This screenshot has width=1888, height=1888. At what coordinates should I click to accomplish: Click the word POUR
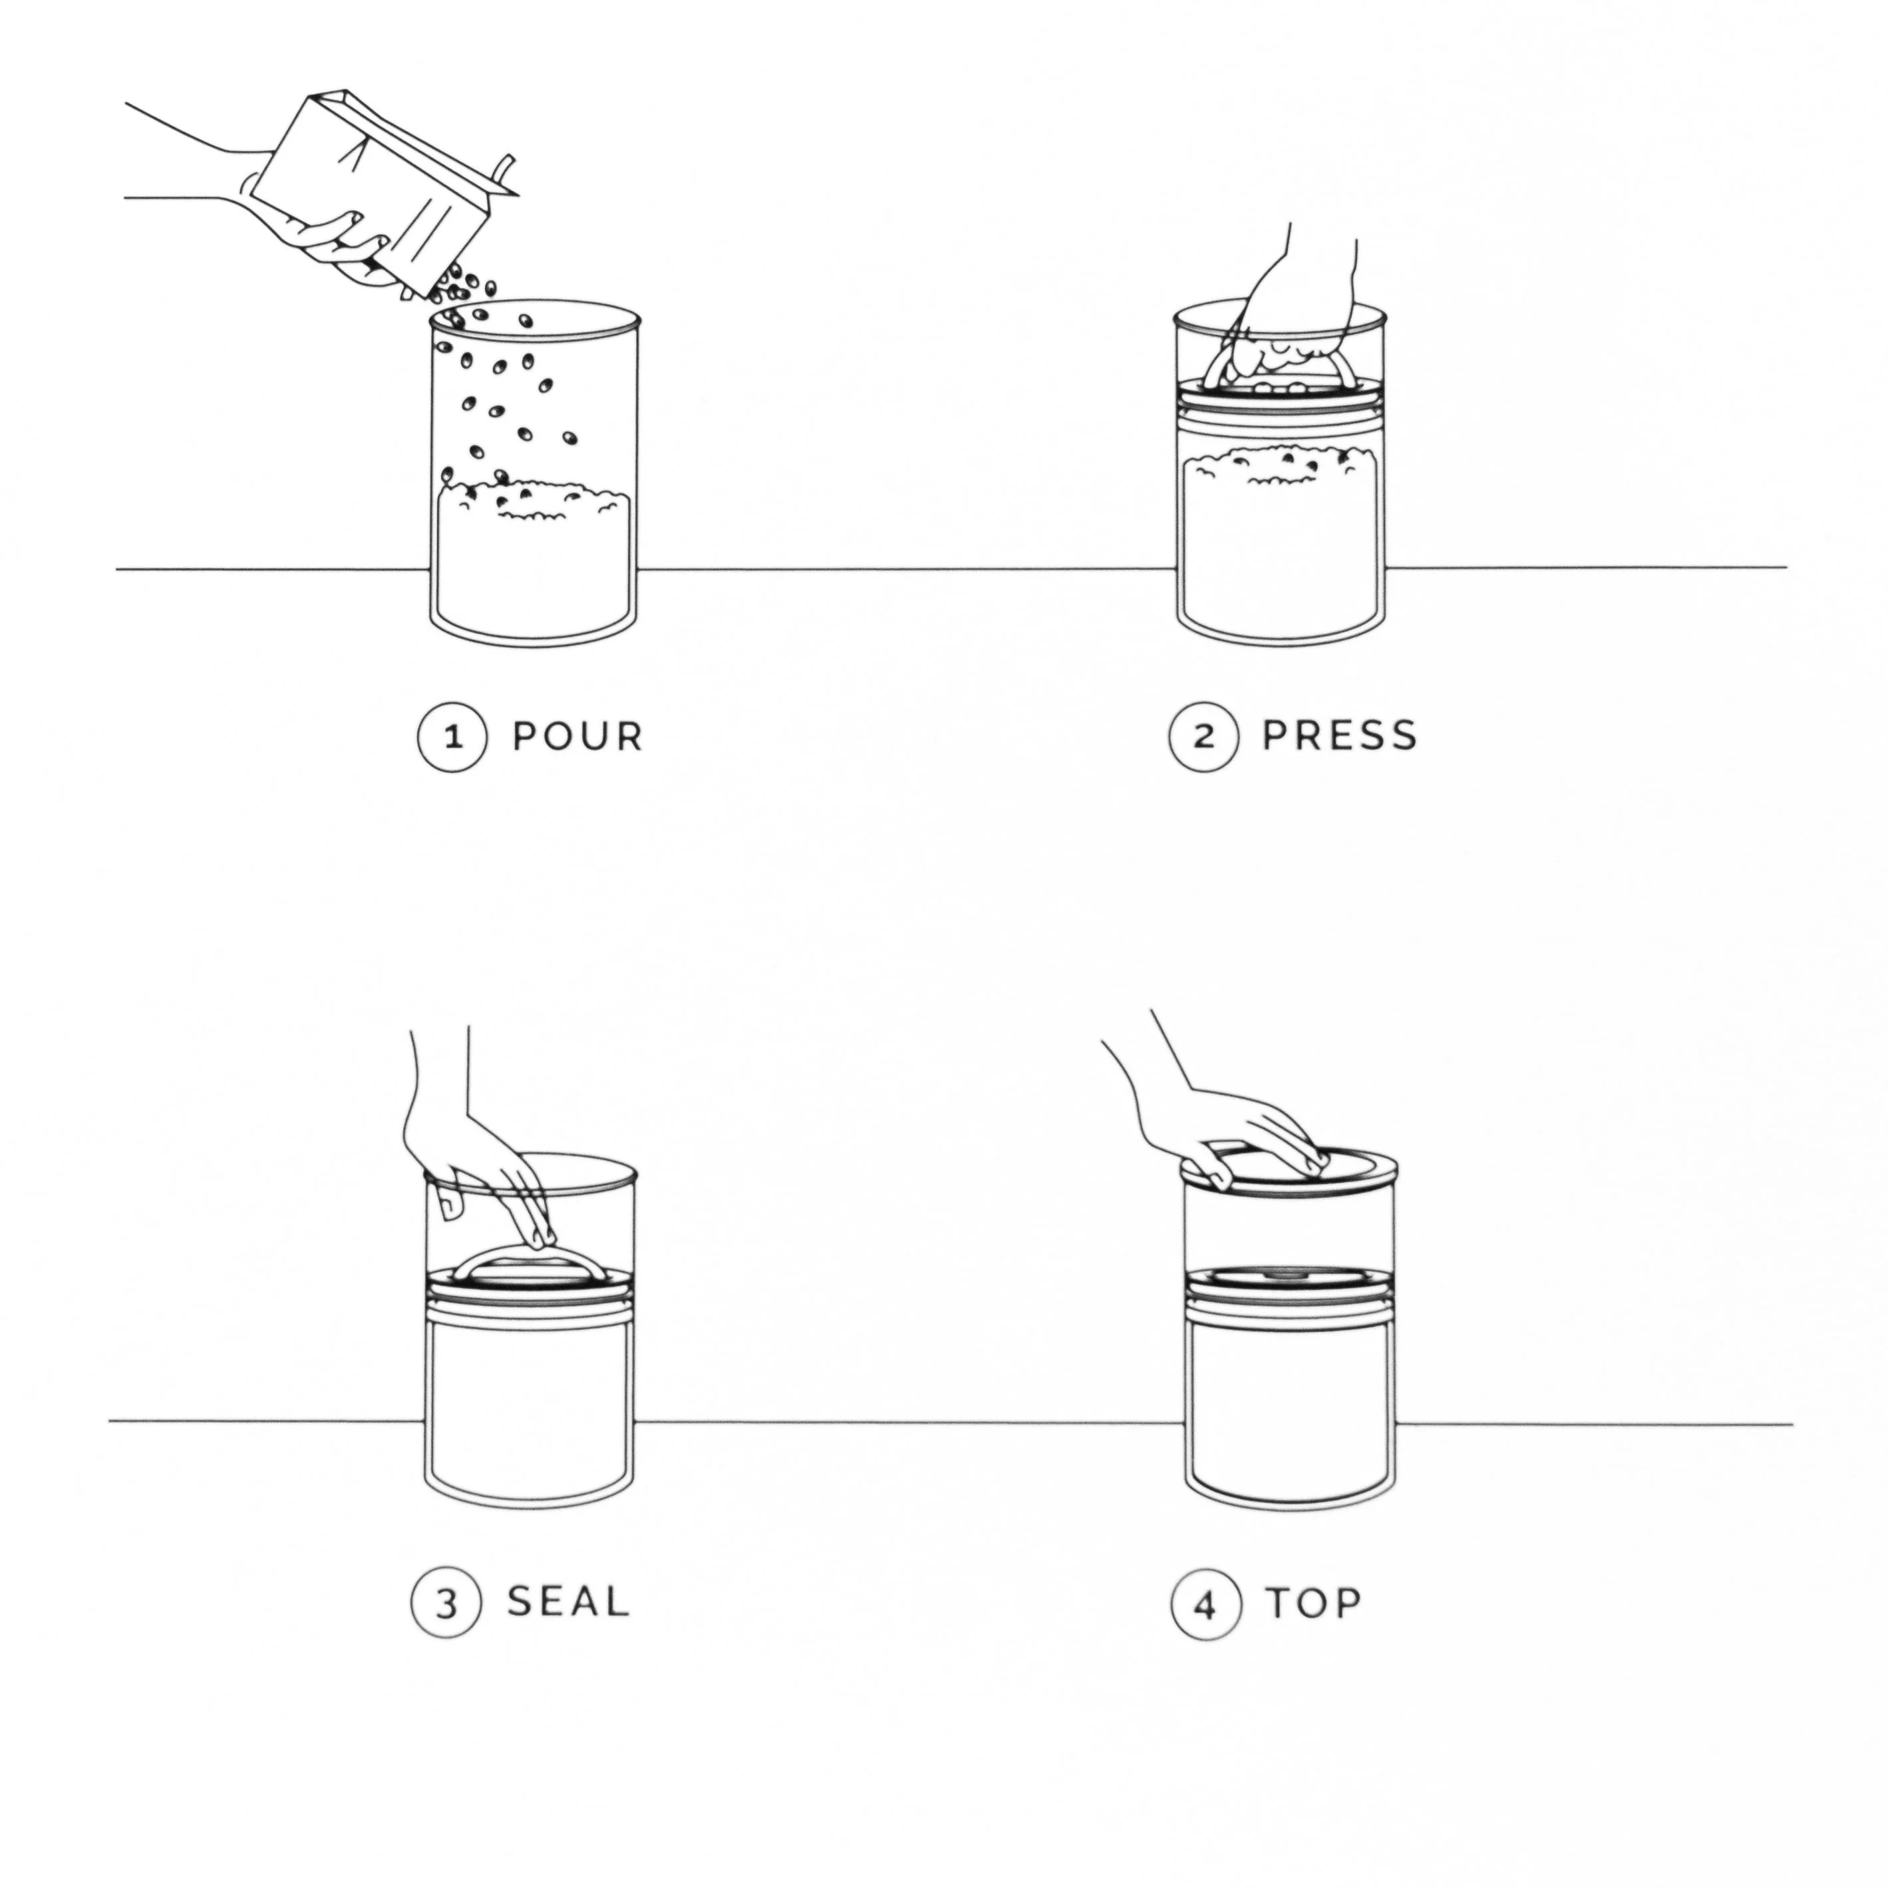(x=577, y=737)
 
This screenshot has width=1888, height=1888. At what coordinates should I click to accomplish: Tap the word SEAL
(x=567, y=1602)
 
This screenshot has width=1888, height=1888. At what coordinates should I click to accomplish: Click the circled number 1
(x=452, y=738)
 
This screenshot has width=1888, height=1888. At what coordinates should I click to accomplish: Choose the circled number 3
(x=446, y=1604)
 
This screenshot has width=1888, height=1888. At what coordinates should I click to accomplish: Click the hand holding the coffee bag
(x=323, y=239)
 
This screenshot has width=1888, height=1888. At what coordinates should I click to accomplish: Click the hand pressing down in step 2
(x=1300, y=313)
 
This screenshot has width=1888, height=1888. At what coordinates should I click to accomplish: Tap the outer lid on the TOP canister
(x=1290, y=1173)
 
